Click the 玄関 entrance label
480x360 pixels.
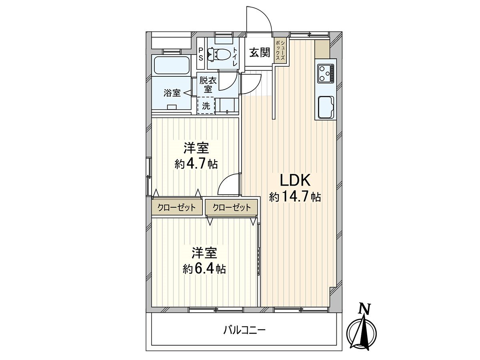coord(260,53)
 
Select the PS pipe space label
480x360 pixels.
coord(200,54)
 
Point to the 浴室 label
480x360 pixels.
coord(172,93)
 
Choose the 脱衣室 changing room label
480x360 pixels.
coord(208,85)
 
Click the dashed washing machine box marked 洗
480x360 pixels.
coord(206,106)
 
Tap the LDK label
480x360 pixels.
coord(295,180)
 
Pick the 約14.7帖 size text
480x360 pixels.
coord(295,197)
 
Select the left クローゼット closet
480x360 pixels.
coord(177,207)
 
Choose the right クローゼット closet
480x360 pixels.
coord(231,207)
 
